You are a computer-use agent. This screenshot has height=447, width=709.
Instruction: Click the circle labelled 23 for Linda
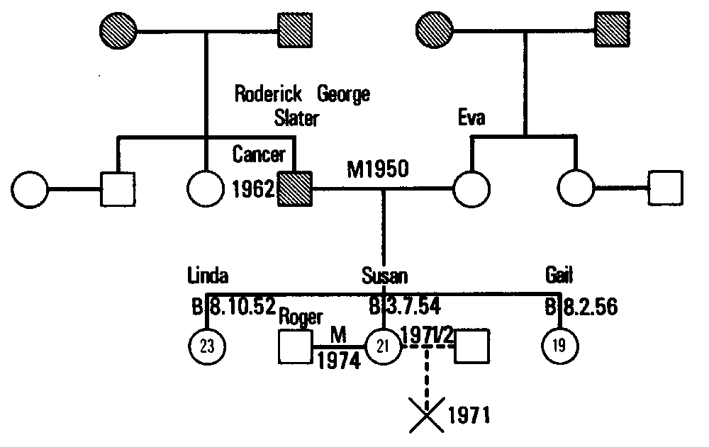click(x=206, y=346)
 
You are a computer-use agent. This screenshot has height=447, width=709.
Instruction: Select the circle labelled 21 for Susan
click(x=384, y=346)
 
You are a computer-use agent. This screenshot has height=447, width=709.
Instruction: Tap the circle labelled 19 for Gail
click(x=560, y=346)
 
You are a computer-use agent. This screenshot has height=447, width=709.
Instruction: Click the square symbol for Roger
click(x=296, y=347)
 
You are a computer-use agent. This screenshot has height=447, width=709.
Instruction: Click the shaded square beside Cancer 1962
click(x=295, y=189)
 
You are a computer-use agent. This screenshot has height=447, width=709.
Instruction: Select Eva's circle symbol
click(x=471, y=189)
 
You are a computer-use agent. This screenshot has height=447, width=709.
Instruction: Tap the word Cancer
click(x=259, y=154)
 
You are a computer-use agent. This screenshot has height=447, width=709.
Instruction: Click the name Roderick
click(x=269, y=94)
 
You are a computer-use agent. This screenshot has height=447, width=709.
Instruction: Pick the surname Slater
click(x=297, y=117)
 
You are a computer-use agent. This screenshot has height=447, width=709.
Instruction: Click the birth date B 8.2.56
click(x=581, y=307)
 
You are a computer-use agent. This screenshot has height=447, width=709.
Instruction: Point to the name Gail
click(x=560, y=276)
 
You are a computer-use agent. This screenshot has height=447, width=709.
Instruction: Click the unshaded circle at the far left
click(x=30, y=189)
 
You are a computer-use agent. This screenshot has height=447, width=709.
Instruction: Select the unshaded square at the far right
click(x=666, y=189)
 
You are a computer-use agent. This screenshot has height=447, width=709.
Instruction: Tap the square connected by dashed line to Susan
click(x=472, y=347)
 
